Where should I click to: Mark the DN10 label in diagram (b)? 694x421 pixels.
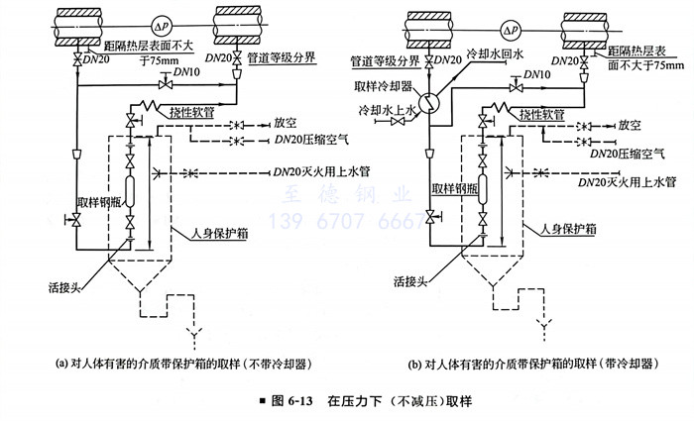(x=537, y=74)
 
